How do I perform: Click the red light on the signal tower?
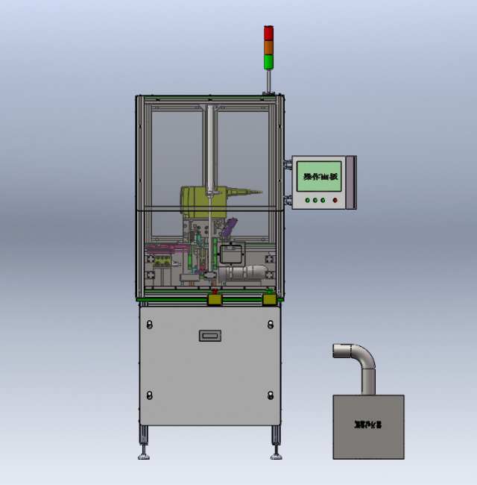point(269,33)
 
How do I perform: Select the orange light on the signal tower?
point(269,46)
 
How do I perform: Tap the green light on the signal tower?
point(269,60)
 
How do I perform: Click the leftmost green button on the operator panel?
point(307,200)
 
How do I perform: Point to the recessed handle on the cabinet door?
point(211,336)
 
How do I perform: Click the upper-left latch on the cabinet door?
point(149,324)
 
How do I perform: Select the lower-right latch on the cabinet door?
point(270,394)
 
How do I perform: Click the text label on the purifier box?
point(367,425)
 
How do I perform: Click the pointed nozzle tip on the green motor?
point(259,193)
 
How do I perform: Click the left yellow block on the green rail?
point(214,299)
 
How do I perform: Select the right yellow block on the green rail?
point(269,299)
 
